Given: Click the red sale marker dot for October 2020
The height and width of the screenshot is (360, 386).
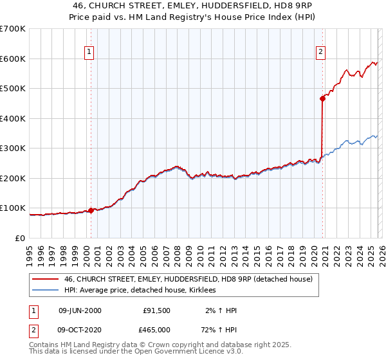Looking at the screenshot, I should click(x=322, y=98).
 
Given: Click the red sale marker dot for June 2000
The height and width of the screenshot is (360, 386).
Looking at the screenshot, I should click(x=91, y=210).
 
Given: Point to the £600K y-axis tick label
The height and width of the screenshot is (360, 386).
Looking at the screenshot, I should click(x=13, y=59).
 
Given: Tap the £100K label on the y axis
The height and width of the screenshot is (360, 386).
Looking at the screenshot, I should click(x=13, y=208).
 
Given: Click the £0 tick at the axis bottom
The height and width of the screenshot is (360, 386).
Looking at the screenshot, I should click(x=21, y=238).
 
